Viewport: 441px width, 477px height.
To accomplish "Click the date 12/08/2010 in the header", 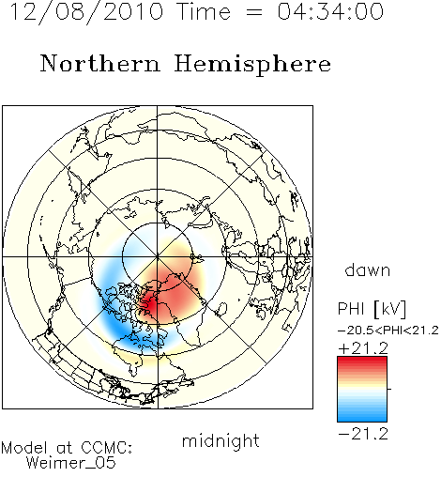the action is [86, 12].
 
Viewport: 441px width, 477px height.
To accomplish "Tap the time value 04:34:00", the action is [330, 11].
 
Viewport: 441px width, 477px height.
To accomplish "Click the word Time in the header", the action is [204, 11].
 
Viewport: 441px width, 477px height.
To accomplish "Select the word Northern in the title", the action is [100, 63].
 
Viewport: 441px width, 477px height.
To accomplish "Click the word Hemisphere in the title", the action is [252, 65].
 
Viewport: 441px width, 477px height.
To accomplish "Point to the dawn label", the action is [368, 269].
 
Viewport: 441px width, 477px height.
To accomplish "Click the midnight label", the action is [220, 441].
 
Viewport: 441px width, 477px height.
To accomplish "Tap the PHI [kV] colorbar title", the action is [372, 309].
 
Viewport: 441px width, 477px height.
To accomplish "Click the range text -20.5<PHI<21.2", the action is [388, 331].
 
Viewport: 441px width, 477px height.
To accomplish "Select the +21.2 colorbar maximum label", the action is [363, 348].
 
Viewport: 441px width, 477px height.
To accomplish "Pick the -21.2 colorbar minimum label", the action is [363, 434].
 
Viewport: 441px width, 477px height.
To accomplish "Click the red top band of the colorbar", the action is [362, 361].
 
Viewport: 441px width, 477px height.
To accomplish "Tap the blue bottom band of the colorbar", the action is [362, 417].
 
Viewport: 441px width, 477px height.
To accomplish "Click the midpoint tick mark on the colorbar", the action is [389, 389].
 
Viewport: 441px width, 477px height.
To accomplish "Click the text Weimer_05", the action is [71, 462].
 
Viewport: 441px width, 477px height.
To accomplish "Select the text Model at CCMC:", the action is [67, 448].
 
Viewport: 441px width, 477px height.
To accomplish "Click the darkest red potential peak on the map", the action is [151, 304].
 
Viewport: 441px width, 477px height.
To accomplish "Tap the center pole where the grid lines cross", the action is [158, 256].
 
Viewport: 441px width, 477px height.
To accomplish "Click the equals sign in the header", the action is [254, 12].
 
